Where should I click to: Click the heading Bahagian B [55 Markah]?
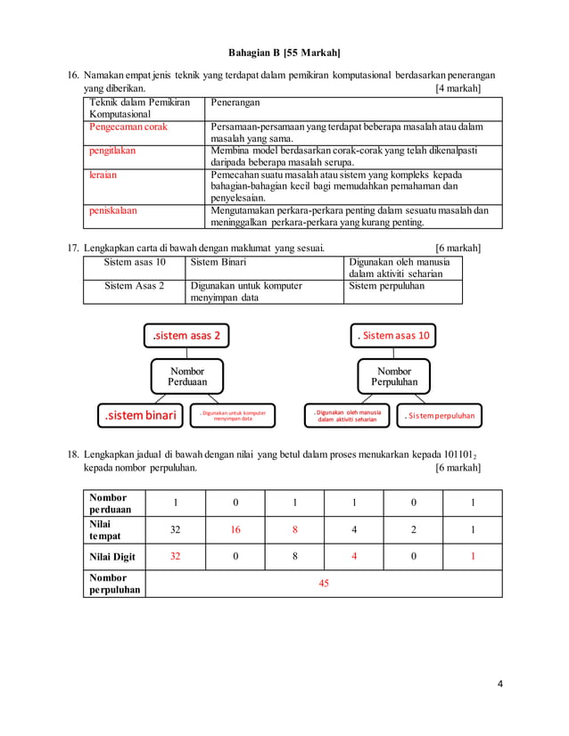(284, 53)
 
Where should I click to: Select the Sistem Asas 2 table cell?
(134, 286)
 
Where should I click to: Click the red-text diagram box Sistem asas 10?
(393, 336)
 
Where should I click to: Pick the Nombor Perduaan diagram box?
(186, 377)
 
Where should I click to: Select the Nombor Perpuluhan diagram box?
(394, 377)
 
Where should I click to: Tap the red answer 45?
(324, 583)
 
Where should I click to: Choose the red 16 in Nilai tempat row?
(235, 529)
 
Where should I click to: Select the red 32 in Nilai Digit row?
(175, 556)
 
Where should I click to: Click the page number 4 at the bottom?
(500, 684)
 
